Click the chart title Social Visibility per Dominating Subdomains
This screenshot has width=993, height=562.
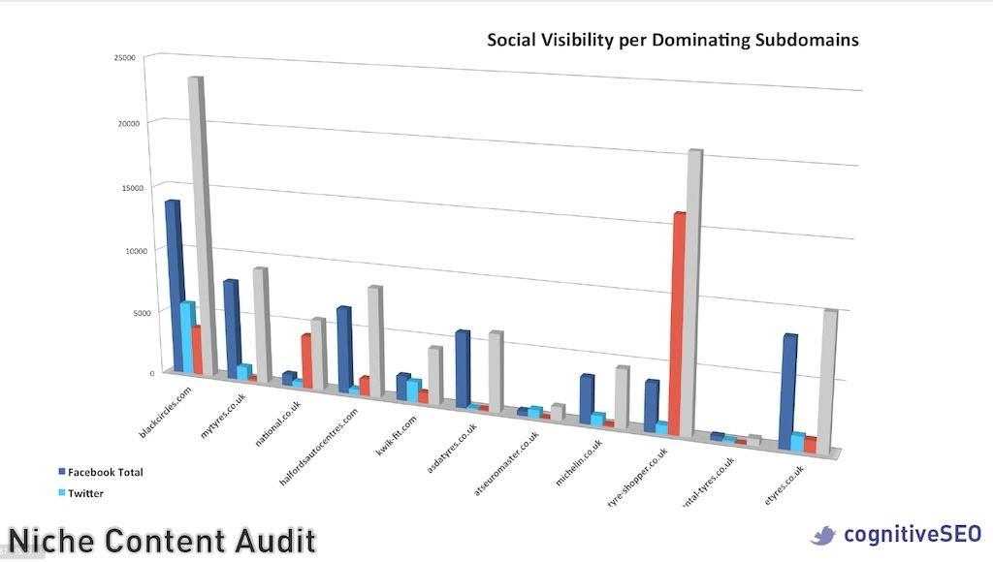point(672,40)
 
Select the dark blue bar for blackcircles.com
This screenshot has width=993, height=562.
point(175,281)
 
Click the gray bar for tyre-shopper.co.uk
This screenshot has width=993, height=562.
point(693,291)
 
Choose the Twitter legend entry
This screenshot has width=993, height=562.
point(85,493)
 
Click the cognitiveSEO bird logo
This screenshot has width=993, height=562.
point(823,535)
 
